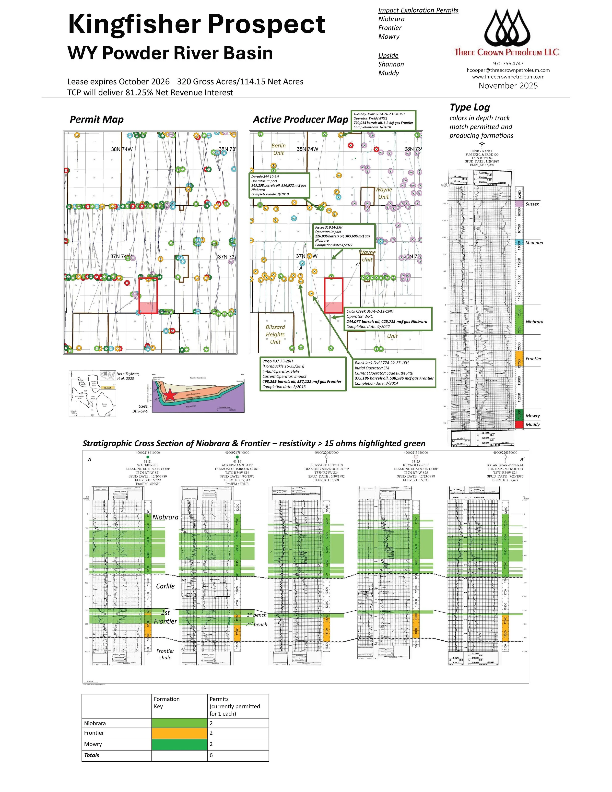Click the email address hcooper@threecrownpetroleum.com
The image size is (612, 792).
coord(508,70)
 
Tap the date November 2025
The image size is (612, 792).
coord(508,86)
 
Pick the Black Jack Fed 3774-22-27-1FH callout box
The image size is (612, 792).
coord(394,373)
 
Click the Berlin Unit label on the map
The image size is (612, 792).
coord(278,149)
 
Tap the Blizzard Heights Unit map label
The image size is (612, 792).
coord(275,334)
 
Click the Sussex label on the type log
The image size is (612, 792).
coord(532,204)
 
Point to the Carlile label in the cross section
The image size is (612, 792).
coord(165,586)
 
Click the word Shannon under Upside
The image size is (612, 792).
coord(391,64)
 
